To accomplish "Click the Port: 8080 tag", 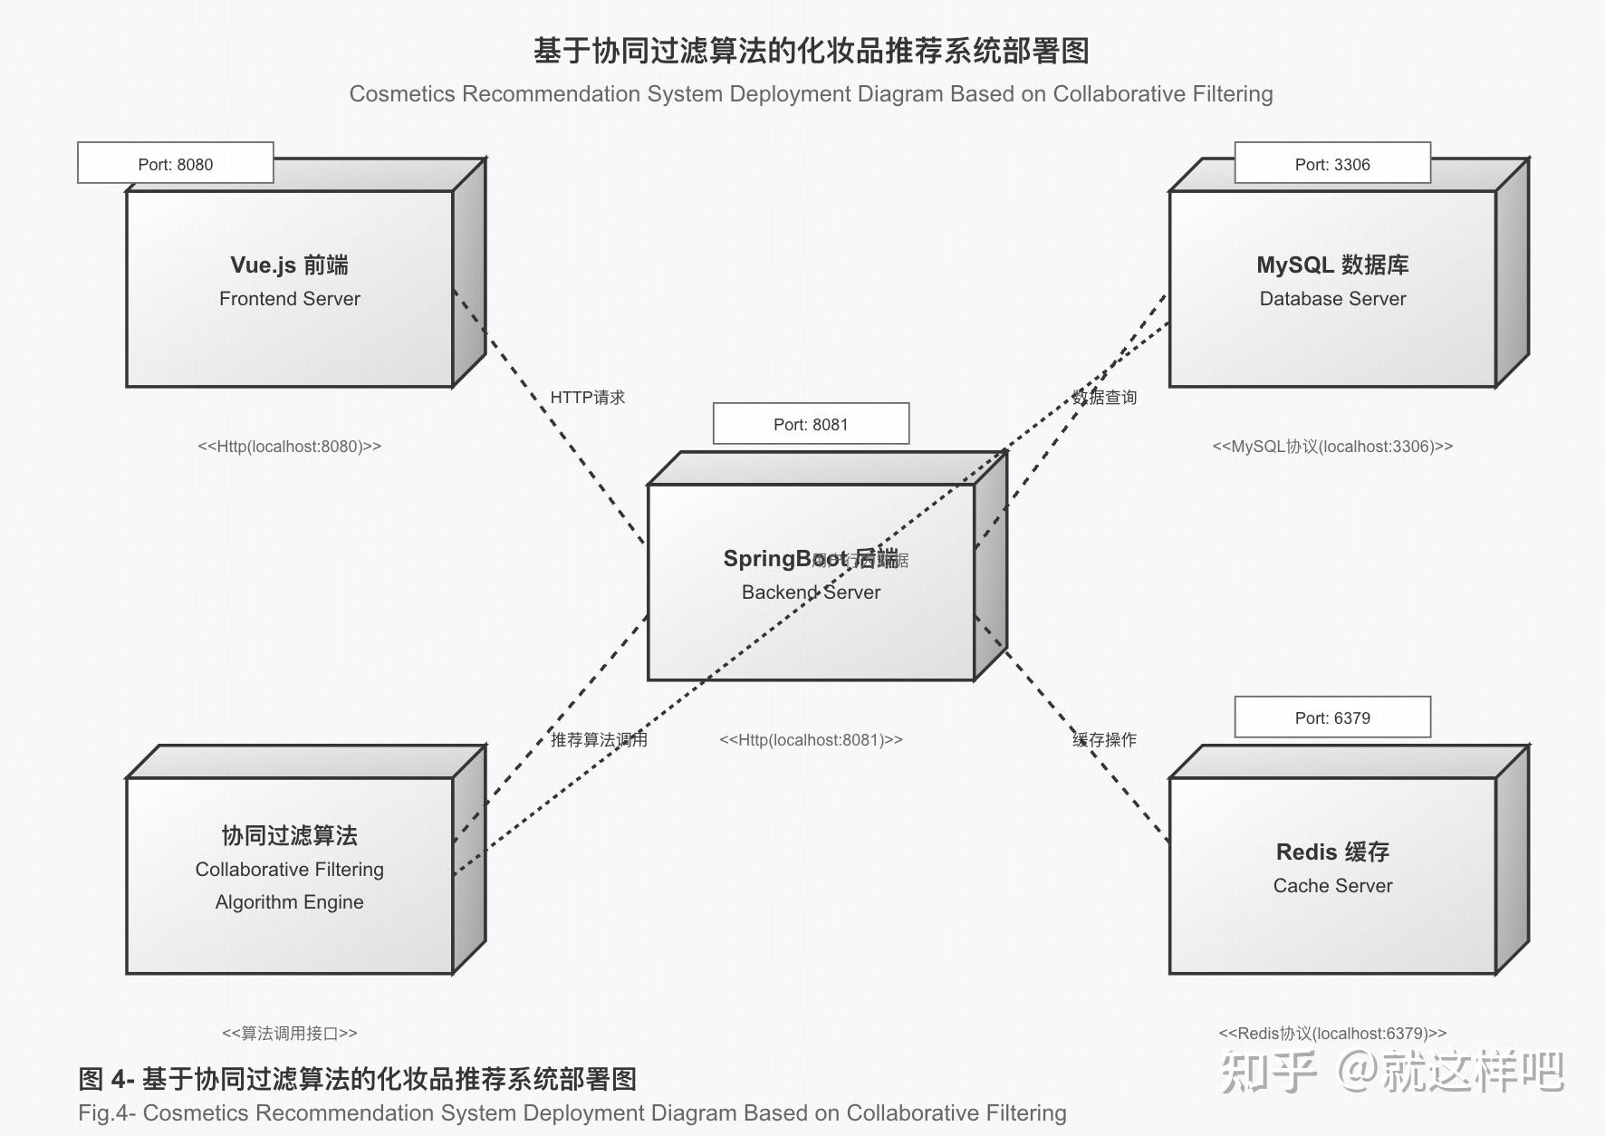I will pos(176,164).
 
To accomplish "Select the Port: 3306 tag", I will pos(1332,164).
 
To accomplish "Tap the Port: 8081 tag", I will pos(811,424).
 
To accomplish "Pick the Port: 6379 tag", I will pos(1332,717).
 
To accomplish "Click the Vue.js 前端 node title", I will pos(289,265).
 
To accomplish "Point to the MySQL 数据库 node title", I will pos(1332,265).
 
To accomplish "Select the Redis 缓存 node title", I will pos(1332,852).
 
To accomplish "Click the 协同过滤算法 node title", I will pos(289,835).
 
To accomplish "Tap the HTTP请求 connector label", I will pos(588,397).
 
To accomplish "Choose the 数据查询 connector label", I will pos(1104,397).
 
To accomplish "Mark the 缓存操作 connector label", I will pos(1104,739).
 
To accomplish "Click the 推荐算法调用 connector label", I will pos(599,739).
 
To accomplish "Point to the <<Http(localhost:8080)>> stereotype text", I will pos(289,446).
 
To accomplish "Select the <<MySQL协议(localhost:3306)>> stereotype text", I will pos(1332,446).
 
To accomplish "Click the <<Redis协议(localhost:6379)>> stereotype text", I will pos(1332,1033).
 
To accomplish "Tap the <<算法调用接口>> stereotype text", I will pos(289,1033).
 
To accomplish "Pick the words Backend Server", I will pos(811,592).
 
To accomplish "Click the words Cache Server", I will pos(1332,885).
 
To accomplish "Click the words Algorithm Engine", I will pos(289,901).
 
